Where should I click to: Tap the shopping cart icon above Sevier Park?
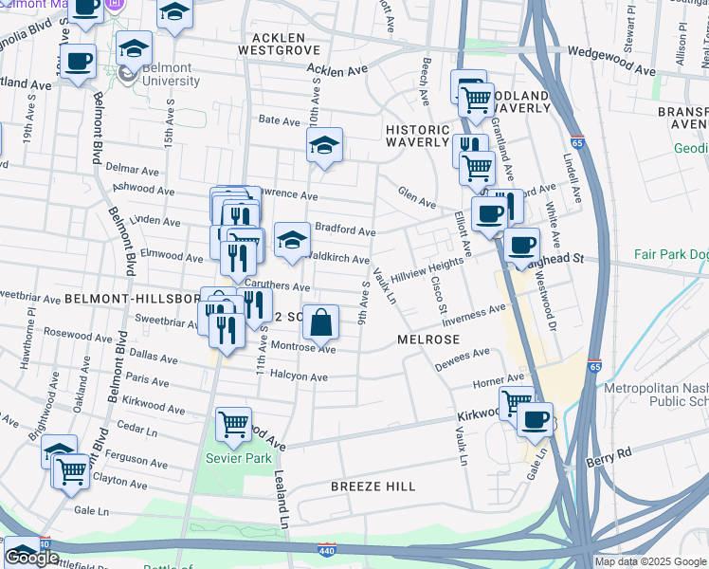coord(233,426)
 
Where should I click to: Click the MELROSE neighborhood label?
coord(428,340)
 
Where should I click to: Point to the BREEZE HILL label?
coord(373,486)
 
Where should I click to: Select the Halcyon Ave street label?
coord(300,377)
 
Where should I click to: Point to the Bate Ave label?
coord(280,120)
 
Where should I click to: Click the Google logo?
coord(31,558)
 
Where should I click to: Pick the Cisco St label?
coord(438,295)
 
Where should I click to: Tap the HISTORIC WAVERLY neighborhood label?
coord(417,136)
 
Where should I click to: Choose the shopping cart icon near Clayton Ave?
coord(72,470)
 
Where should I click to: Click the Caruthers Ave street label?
coord(278,286)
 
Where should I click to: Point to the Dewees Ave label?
coord(463,358)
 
